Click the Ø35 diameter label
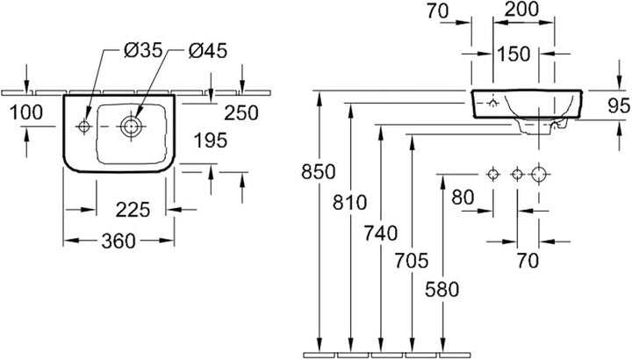pyautogui.click(x=143, y=51)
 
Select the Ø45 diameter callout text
pyautogui.click(x=208, y=51)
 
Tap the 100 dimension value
pyautogui.click(x=25, y=112)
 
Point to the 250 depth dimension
pyautogui.click(x=241, y=113)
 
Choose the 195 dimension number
pyautogui.click(x=211, y=140)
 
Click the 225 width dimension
pyautogui.click(x=133, y=210)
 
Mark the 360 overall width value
pyautogui.click(x=118, y=241)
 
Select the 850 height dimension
pyautogui.click(x=319, y=172)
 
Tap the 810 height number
pyautogui.click(x=350, y=202)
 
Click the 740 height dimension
pyautogui.click(x=381, y=233)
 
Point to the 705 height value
pyautogui.click(x=412, y=261)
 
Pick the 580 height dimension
pyautogui.click(x=442, y=290)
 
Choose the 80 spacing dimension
pyautogui.click(x=463, y=198)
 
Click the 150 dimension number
pyautogui.click(x=513, y=54)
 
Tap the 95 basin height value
pyautogui.click(x=619, y=105)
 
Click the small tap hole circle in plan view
pyautogui.click(x=84, y=126)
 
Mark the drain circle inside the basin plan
pyautogui.click(x=130, y=127)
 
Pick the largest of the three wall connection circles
pyautogui.click(x=539, y=175)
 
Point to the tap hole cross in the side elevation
pyautogui.click(x=492, y=104)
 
